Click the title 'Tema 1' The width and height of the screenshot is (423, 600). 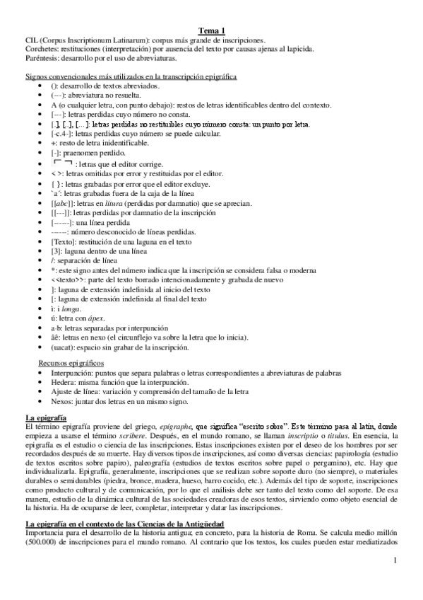tap(211, 30)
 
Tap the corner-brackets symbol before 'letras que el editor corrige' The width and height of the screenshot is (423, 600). tap(63, 163)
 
